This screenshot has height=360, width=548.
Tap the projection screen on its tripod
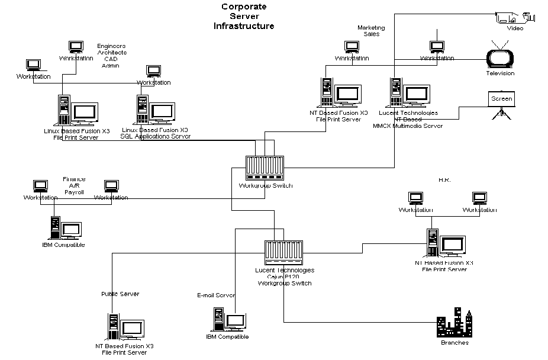501,105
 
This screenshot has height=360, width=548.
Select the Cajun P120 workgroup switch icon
283,253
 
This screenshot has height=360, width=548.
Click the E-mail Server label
216,295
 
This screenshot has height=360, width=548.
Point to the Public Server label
120,294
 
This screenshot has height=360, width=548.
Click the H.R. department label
445,180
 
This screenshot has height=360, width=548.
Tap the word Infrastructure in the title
244,26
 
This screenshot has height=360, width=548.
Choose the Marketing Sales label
371,31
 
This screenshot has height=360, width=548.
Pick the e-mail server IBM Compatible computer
227,320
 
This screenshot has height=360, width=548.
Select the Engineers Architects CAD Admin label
111,56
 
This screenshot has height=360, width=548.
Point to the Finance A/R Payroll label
74,186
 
